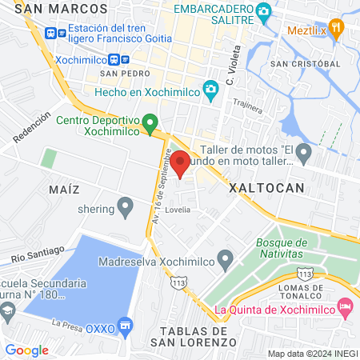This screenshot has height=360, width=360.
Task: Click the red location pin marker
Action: (x=181, y=162)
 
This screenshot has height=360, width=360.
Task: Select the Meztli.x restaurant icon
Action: (x=338, y=31)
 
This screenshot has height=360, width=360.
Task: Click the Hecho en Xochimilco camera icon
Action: (x=211, y=90)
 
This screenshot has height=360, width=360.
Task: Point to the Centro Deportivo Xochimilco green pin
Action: (x=150, y=124)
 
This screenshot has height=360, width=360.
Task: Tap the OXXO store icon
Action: (x=125, y=325)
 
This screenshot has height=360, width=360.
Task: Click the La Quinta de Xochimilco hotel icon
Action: (x=345, y=306)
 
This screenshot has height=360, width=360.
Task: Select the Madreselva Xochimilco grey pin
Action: (x=226, y=260)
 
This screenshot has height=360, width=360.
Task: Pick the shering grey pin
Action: (x=125, y=209)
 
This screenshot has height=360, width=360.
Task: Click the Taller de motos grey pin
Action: (x=303, y=151)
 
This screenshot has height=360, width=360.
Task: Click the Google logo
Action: (x=26, y=350)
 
